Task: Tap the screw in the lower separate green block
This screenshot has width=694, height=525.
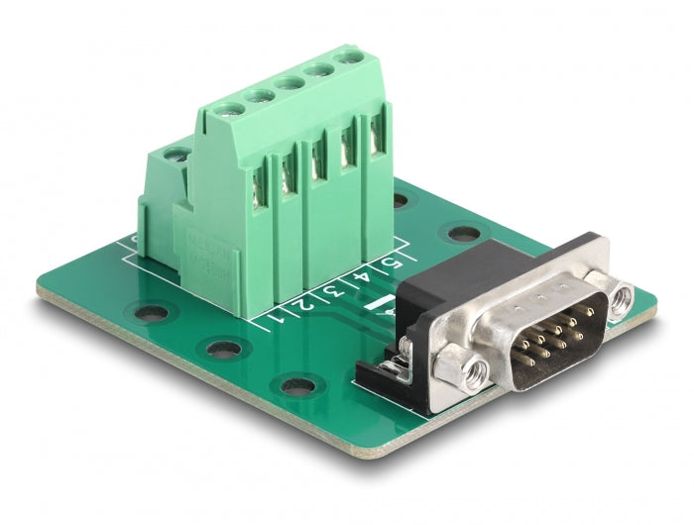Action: (x=176, y=154)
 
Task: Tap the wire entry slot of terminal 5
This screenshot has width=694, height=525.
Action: (x=378, y=139)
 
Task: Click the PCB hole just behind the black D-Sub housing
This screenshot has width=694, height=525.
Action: (x=460, y=235)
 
